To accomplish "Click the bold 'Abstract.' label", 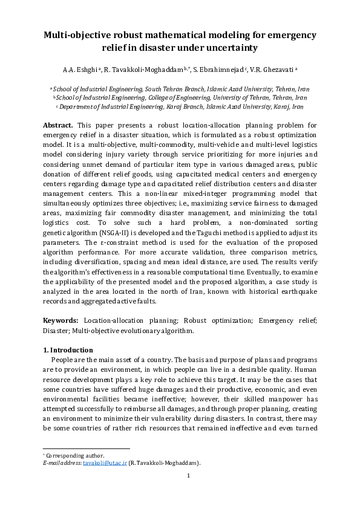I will (x=58, y=125).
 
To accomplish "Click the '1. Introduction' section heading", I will (x=68, y=350).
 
